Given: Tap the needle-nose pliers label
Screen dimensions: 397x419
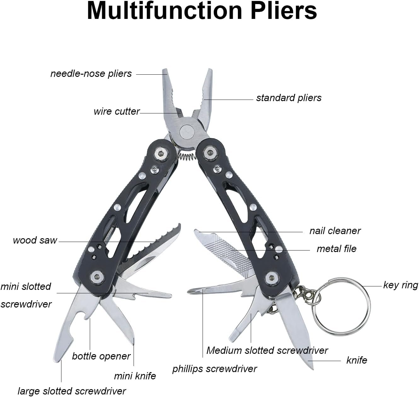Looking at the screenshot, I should (x=91, y=74).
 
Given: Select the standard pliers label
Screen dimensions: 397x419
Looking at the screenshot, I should (x=289, y=98).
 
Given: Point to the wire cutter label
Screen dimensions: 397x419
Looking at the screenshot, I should (x=116, y=112).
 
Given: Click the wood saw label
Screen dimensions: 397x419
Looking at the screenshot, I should (x=35, y=240).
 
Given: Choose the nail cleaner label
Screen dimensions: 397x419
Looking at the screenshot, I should (x=335, y=231).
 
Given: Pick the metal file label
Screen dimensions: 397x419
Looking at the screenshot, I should (x=336, y=249).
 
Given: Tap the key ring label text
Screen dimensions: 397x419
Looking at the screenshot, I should (x=400, y=285).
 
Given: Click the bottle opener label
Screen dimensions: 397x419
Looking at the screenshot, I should (x=101, y=356).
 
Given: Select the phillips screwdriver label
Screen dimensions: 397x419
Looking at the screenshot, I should (x=215, y=369).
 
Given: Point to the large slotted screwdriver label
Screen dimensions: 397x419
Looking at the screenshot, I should (x=72, y=391).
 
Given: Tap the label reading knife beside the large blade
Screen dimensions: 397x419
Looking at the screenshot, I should (x=357, y=360).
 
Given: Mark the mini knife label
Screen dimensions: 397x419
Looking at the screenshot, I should (x=135, y=376).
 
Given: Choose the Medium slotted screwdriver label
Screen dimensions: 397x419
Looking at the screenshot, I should (x=267, y=350).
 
